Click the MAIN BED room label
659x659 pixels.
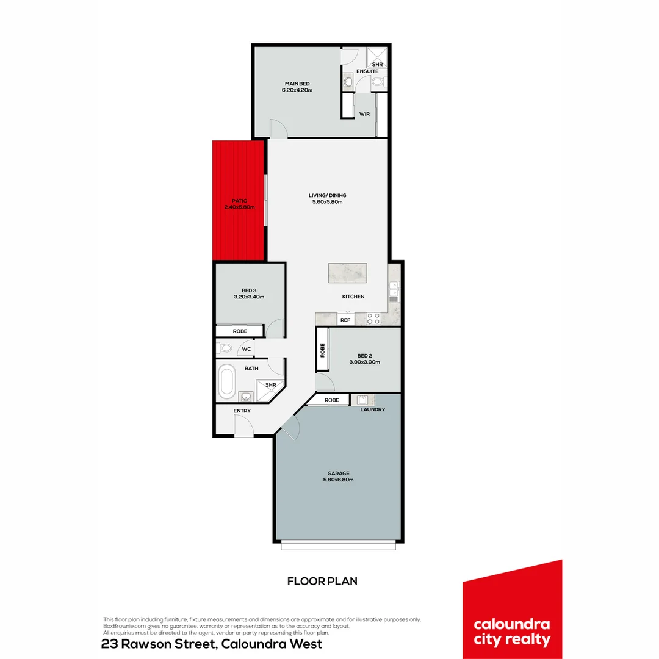297,84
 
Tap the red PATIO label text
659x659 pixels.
239,200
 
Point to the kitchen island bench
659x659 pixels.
348,273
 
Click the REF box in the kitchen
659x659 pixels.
345,320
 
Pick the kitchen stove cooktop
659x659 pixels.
373,319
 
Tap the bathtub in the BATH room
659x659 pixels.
227,380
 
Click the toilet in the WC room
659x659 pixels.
225,349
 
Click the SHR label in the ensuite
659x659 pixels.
377,64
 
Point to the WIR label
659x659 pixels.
364,114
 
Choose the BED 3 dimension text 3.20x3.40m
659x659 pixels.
248,297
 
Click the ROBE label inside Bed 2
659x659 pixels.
322,350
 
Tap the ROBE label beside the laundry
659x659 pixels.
332,400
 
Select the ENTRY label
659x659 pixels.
242,411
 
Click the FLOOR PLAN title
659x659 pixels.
322,581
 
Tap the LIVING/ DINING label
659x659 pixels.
327,196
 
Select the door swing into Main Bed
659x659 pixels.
277,128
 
